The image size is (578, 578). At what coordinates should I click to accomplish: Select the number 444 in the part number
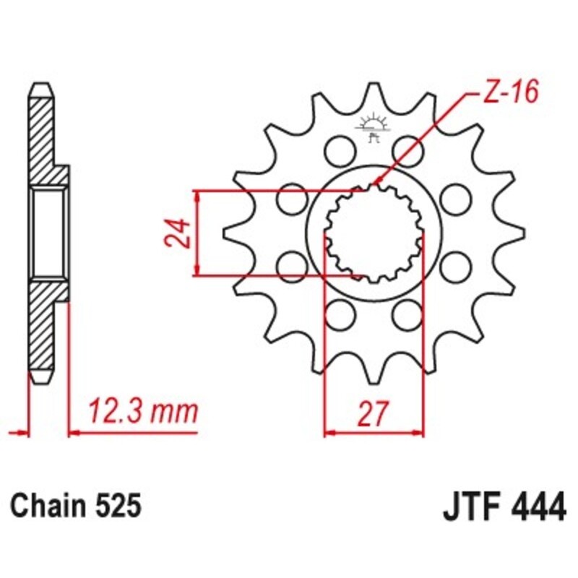535,506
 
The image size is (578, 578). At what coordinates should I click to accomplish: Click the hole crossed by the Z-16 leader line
406,150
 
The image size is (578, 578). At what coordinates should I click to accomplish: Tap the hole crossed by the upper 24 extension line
291,198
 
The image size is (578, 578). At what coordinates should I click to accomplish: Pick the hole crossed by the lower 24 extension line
291,265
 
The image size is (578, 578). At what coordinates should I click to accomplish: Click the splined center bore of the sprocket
373,232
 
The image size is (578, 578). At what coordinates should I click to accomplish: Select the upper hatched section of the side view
43,137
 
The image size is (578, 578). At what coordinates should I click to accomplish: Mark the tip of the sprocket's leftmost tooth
225,232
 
